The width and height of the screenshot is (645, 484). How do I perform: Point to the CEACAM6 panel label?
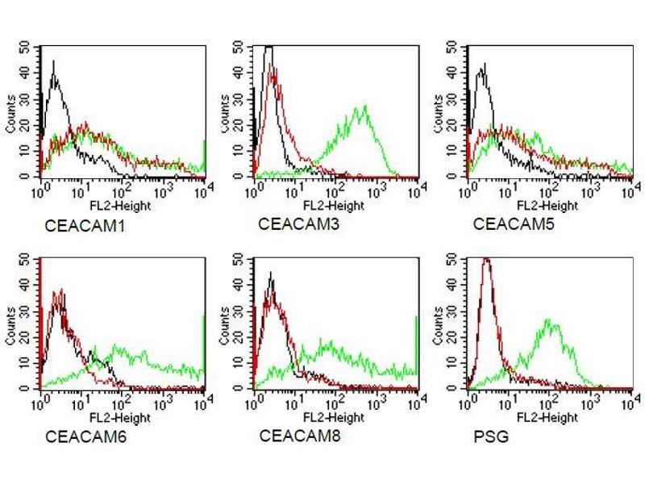click(x=77, y=436)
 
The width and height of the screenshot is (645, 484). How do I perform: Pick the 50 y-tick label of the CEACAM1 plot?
click(x=31, y=46)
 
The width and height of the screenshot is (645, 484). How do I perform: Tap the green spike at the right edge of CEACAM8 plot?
click(x=417, y=343)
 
